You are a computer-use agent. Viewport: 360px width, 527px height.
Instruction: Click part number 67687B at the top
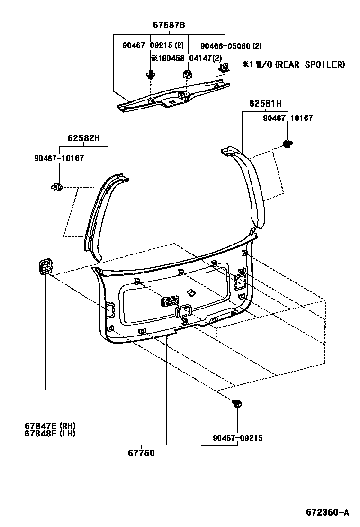click(169, 25)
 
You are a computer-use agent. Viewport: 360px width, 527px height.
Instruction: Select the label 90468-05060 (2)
click(231, 46)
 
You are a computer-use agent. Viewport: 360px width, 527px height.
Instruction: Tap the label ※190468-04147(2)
click(186, 58)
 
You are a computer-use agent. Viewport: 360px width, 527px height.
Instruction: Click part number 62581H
click(265, 104)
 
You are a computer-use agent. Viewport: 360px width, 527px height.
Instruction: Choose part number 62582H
click(83, 139)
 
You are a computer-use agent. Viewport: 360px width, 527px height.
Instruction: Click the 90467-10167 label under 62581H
click(288, 118)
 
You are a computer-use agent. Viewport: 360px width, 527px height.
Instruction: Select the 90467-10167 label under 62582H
click(59, 158)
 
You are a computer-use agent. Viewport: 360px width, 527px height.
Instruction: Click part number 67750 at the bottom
click(141, 453)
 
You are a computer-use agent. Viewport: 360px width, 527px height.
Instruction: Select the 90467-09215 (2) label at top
click(153, 46)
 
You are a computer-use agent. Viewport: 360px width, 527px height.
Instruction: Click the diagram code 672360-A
click(327, 512)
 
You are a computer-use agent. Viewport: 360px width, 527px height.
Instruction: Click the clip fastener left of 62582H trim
click(57, 187)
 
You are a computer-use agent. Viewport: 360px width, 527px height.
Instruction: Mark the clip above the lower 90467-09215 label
click(236, 404)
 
